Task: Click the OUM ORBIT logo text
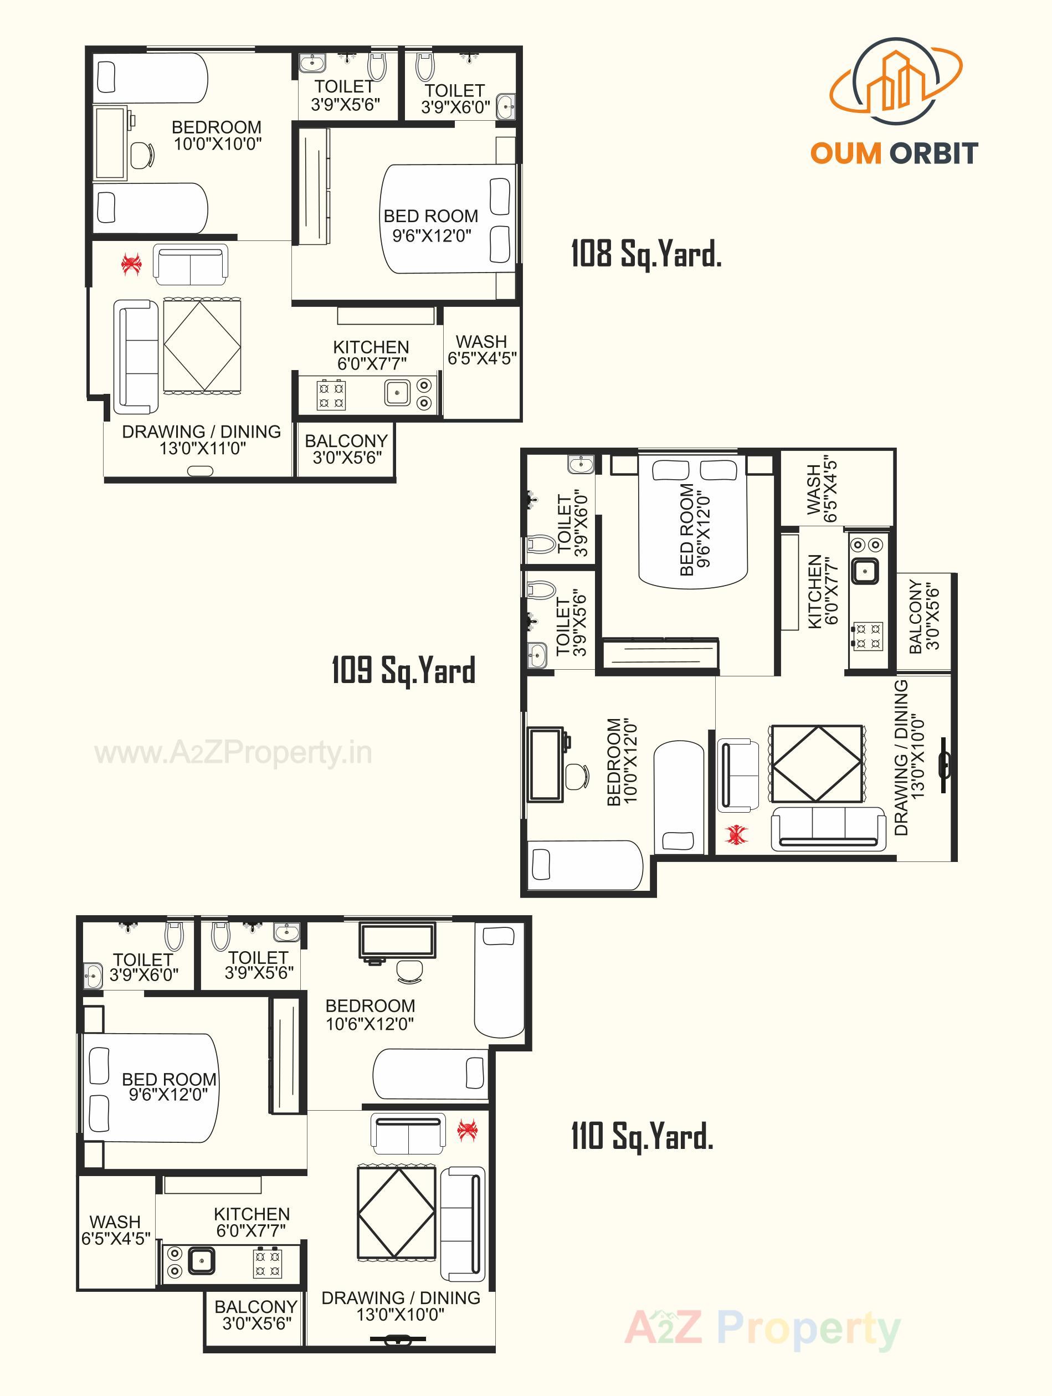[894, 153]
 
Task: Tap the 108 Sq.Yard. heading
[645, 254]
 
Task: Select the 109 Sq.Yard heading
[403, 670]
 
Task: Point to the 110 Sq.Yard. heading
[642, 1136]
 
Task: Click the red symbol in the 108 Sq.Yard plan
[131, 264]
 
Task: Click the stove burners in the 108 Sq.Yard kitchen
[331, 394]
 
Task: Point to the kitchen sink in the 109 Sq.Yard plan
[864, 571]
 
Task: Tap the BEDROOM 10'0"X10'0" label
[217, 135]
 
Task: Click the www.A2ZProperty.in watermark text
[233, 753]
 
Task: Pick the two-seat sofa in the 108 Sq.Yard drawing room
[191, 265]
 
